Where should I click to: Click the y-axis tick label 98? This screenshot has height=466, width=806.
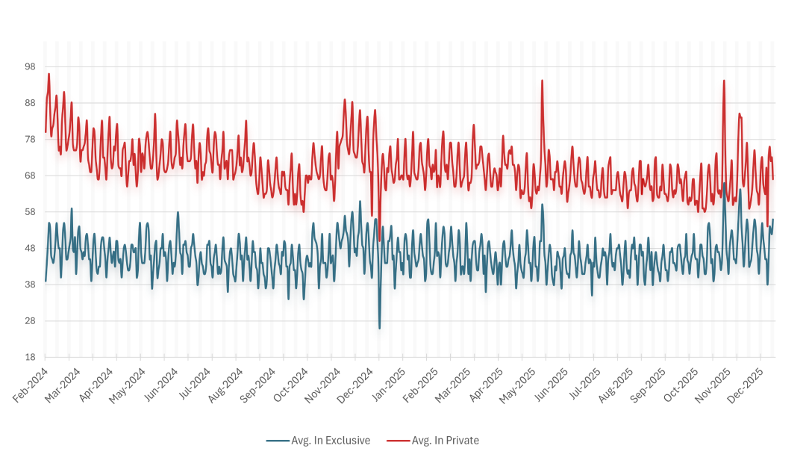30,66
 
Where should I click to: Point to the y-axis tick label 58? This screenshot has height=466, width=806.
30,212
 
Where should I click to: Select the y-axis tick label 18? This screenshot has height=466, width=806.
30,357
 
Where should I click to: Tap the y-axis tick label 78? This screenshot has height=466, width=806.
30,139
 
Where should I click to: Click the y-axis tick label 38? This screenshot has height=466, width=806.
30,285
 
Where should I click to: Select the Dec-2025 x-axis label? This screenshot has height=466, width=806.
746,386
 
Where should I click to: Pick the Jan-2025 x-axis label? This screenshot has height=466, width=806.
389,386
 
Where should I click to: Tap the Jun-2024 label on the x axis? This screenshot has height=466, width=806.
161,386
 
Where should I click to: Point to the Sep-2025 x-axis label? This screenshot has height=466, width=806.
649,386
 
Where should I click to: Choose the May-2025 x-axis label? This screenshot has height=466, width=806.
519,386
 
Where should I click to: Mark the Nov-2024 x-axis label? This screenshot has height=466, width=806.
324,386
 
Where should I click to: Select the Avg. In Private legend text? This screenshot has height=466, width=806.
445,441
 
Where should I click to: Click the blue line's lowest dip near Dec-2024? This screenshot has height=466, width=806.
379,328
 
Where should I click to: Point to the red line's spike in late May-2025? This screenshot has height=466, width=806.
542,81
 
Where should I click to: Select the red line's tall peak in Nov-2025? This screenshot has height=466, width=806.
724,81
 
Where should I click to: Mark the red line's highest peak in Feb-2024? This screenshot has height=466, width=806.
49,74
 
